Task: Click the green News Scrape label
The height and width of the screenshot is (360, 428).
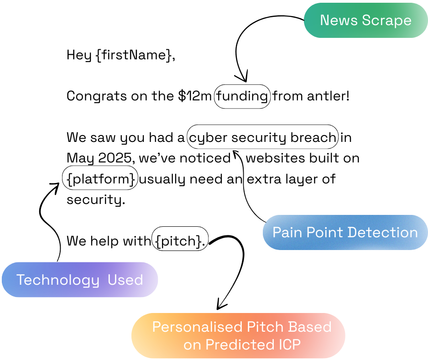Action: point(365,21)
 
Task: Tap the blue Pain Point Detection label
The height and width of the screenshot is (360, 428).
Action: point(345,232)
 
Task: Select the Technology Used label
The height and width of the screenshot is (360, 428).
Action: point(79,280)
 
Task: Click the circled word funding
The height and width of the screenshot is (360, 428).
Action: point(242,96)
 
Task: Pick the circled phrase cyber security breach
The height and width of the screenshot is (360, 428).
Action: point(263,137)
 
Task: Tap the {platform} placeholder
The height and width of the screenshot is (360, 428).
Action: point(100,179)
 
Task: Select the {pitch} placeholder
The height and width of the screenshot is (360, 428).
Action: point(180,241)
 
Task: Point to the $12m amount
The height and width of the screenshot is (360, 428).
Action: point(195,96)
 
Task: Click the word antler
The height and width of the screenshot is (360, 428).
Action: point(325,96)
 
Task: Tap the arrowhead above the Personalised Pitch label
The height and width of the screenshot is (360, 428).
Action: point(222,303)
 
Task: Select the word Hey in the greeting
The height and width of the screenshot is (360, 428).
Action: point(78,56)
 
